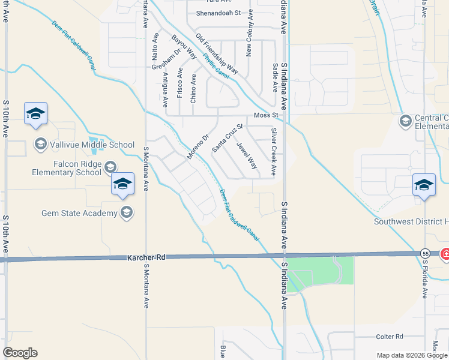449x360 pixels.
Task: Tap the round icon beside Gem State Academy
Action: click(x=127, y=212)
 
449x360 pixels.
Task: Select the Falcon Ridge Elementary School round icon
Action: click(x=110, y=167)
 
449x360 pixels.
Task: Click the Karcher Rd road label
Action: click(x=146, y=257)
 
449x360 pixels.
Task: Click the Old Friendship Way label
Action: click(x=217, y=55)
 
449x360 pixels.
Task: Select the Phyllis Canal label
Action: click(x=217, y=67)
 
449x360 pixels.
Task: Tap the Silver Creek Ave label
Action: click(x=274, y=151)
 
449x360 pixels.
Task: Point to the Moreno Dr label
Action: click(x=197, y=146)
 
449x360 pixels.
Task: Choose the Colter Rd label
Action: click(x=390, y=337)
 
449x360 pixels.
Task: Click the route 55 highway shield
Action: click(x=425, y=253)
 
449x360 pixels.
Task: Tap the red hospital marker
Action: click(x=445, y=254)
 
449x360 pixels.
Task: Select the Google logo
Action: click(x=20, y=353)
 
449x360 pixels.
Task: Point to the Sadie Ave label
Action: click(x=275, y=78)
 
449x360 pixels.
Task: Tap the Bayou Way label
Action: click(x=184, y=47)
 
